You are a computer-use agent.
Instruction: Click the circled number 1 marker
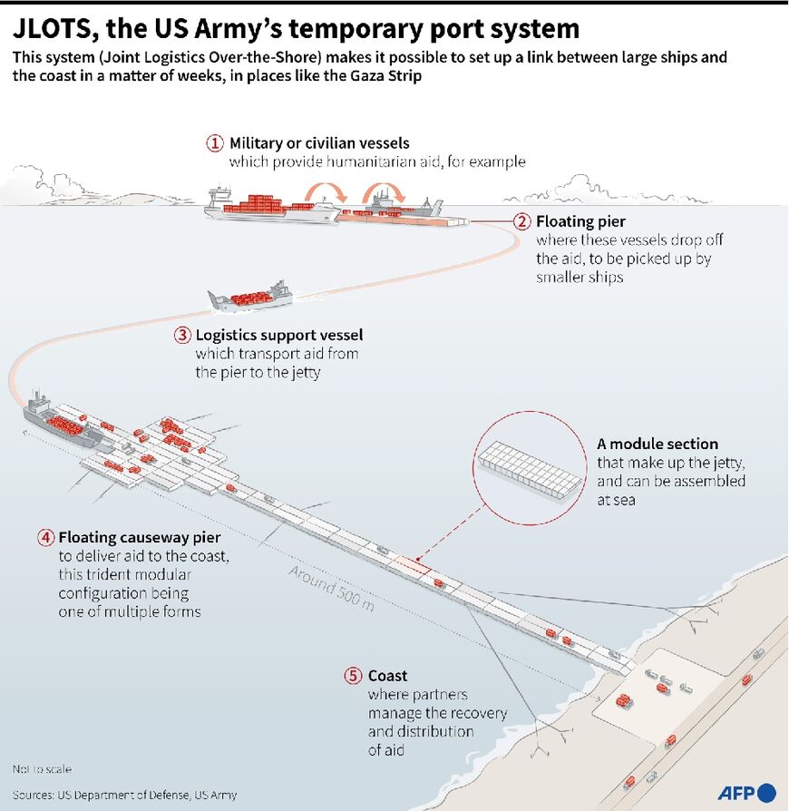(x=215, y=143)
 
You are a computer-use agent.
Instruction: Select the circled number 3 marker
(x=181, y=334)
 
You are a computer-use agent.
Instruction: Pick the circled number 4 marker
(x=45, y=537)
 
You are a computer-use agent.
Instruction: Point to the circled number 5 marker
(x=354, y=676)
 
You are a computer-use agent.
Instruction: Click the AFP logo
(x=746, y=792)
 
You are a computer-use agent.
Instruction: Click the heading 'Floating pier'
(x=580, y=220)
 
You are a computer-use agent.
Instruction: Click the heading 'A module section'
(x=657, y=444)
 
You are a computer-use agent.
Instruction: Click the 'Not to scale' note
(x=42, y=769)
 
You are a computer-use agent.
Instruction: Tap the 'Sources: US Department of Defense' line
(x=124, y=795)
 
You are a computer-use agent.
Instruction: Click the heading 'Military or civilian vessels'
(x=319, y=143)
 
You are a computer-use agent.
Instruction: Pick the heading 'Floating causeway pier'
(x=140, y=538)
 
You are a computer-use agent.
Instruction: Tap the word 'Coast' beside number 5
(x=387, y=676)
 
